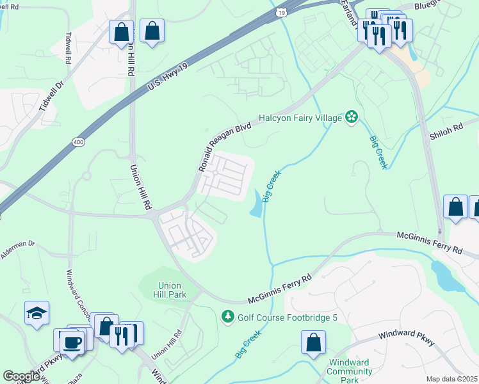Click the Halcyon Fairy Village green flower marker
point(351,116)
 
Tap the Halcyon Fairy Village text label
point(300,118)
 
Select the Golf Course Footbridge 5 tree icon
point(227,316)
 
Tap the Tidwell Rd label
point(68,48)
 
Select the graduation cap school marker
point(37,313)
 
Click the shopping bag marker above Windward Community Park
point(313,342)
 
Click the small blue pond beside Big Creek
point(257,204)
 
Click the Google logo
point(22,376)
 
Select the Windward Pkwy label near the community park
point(406,337)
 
